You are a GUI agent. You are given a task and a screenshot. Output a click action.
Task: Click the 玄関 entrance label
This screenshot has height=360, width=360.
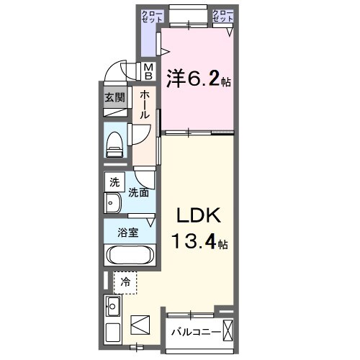tap(114, 98)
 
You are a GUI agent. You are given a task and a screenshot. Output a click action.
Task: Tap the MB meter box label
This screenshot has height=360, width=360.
tap(149, 71)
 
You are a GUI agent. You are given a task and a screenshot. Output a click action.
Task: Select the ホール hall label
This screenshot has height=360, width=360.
tap(145, 104)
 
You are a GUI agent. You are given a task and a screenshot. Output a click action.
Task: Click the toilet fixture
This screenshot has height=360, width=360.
tap(114, 145)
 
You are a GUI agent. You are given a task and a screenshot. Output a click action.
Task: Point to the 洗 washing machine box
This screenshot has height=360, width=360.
tap(114, 182)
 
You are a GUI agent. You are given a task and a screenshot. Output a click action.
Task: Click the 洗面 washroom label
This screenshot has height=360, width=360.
tap(138, 192)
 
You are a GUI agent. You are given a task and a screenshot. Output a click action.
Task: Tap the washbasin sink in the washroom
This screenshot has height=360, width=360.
tap(113, 203)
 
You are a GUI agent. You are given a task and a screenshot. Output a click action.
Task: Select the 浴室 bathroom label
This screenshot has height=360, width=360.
tap(128, 233)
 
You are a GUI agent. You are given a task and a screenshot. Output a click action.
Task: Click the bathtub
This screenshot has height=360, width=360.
tap(130, 255)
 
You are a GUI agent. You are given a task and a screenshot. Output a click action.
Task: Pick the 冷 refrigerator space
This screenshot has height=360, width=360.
tap(125, 283)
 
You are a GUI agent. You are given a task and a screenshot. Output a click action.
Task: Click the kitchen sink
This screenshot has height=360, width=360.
tap(113, 306)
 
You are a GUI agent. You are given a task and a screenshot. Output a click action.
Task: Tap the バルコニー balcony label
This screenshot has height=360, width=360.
tap(196, 333)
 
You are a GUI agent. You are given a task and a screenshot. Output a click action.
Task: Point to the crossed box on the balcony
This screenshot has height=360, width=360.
tap(228, 330)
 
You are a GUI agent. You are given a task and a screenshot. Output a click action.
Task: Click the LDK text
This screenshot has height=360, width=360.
tap(199, 215)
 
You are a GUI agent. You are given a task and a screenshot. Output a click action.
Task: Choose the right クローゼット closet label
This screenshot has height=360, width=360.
tap(222, 16)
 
